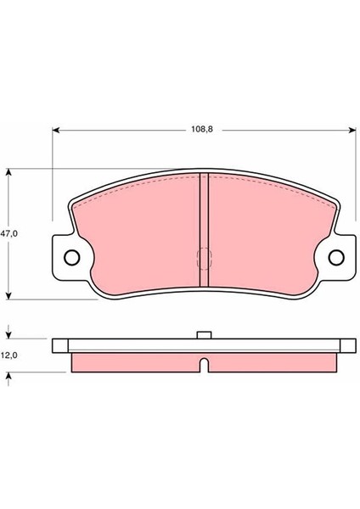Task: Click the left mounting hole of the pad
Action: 71,257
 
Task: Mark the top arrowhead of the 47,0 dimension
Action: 10,172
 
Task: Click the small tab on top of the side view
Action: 204,335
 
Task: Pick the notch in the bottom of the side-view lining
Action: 204,366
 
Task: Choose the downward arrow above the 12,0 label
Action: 10,334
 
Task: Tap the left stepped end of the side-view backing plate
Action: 59,346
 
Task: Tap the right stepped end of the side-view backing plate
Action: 348,346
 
